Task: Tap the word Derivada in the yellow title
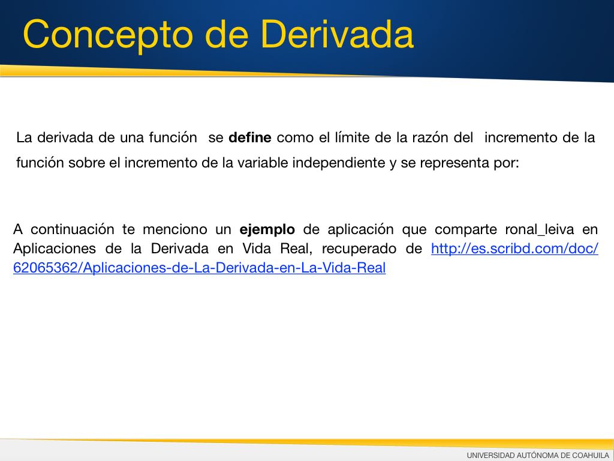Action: (336, 34)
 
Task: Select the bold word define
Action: (250, 137)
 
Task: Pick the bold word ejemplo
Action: (267, 230)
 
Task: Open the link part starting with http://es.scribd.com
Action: (514, 249)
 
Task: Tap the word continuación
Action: (72, 229)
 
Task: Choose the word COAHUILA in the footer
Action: (591, 455)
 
